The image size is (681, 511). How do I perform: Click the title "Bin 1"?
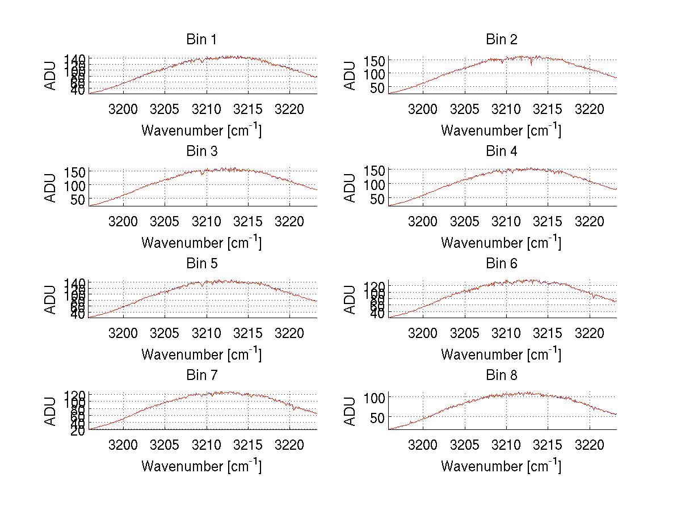(x=201, y=39)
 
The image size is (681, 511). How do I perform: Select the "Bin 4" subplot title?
(x=501, y=151)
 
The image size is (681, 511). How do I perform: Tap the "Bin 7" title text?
(x=201, y=375)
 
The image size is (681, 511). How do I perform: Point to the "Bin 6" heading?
(x=501, y=263)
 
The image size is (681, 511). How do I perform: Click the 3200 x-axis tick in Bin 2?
(x=423, y=109)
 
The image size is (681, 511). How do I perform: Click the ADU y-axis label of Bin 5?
(x=51, y=299)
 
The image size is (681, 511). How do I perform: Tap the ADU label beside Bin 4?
(x=350, y=188)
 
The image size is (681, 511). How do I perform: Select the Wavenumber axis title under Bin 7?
(x=201, y=466)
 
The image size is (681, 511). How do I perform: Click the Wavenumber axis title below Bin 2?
(x=501, y=130)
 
